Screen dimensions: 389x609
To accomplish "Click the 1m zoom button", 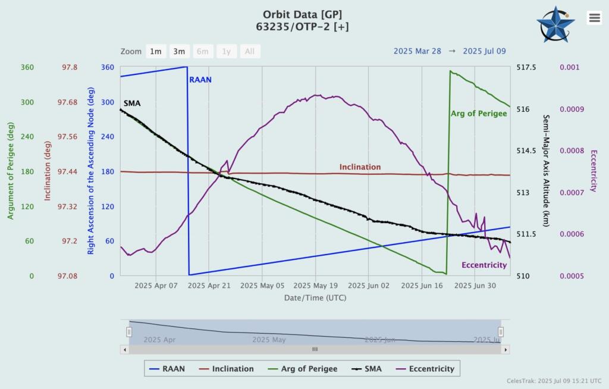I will [155, 51].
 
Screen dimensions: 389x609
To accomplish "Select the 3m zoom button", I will [179, 51].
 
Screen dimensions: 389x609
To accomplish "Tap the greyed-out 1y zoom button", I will [226, 51].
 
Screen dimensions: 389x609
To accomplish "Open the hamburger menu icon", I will [594, 18].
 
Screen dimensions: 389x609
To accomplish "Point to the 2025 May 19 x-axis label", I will [315, 286].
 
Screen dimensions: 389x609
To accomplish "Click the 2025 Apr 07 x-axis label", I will [156, 286].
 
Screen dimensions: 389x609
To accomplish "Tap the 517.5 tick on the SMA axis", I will [526, 68].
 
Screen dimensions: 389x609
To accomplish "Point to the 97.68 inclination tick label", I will [70, 102].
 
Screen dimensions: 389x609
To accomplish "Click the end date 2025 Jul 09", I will [484, 51].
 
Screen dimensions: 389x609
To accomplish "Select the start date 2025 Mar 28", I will [417, 51].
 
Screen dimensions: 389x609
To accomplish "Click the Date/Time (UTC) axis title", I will [315, 297].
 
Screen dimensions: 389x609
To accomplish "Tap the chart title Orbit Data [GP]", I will [303, 14].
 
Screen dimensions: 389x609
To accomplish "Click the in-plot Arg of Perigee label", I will [478, 113].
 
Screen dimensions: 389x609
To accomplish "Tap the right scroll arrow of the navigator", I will [506, 350].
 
